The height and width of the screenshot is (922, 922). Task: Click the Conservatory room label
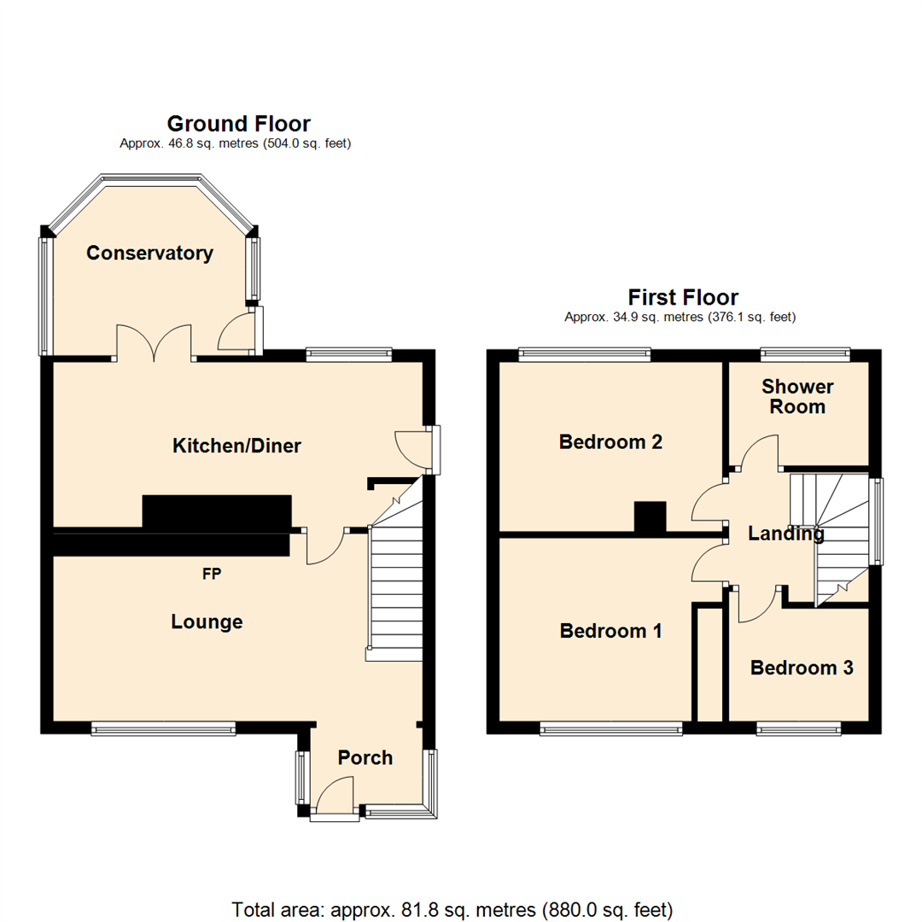click(x=149, y=253)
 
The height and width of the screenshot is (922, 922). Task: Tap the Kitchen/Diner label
click(x=236, y=445)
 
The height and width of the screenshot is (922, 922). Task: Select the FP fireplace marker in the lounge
click(x=212, y=575)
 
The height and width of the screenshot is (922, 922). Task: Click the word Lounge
click(x=207, y=621)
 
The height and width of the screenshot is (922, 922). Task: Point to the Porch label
click(x=365, y=757)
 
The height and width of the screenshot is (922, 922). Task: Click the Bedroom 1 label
click(x=610, y=631)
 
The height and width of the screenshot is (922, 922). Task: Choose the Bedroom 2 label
click(x=610, y=441)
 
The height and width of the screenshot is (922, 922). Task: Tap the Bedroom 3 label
click(x=802, y=668)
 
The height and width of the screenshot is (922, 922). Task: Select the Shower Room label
click(x=797, y=396)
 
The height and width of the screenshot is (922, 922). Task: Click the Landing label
click(x=785, y=534)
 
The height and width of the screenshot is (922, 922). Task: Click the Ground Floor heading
click(x=238, y=124)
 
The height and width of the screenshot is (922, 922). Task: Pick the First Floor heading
click(x=682, y=297)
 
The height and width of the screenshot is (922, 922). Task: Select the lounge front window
click(x=163, y=728)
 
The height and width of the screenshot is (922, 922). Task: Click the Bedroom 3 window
click(x=798, y=728)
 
